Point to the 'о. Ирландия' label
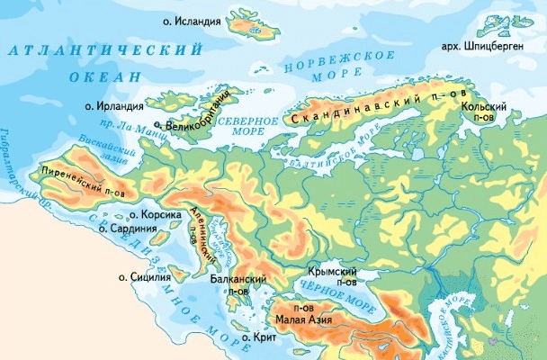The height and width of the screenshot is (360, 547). coord(122,105)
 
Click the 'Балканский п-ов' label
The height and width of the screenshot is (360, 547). coord(238,285)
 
